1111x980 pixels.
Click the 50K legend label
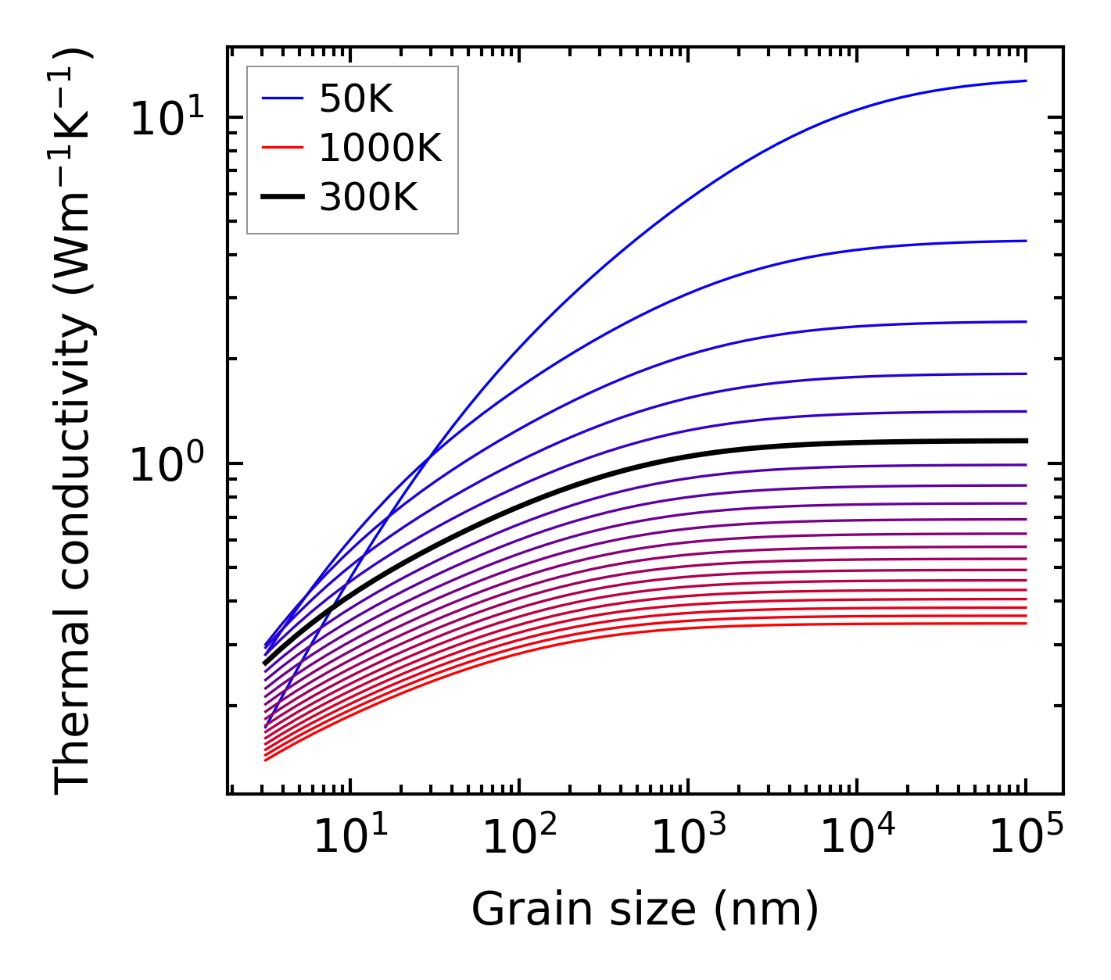pyautogui.click(x=356, y=99)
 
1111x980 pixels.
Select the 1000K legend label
pyautogui.click(x=380, y=148)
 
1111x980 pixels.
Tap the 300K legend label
pyautogui.click(x=368, y=199)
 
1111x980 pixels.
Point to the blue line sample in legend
pyautogui.click(x=282, y=99)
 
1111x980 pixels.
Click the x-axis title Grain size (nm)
pyautogui.click(x=645, y=910)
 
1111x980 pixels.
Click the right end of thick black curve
pyautogui.click(x=1025, y=441)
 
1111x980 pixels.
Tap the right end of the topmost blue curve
pyautogui.click(x=1025, y=80)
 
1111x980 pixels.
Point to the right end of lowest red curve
pyautogui.click(x=1025, y=623)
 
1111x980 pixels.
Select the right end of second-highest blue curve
pyautogui.click(x=1025, y=241)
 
